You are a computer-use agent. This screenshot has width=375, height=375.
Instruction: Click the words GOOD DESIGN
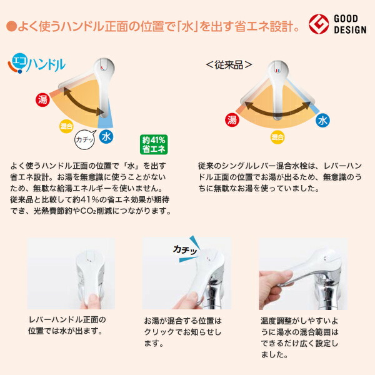coord(351,24)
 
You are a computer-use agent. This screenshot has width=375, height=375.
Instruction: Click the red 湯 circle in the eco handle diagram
coord(42,99)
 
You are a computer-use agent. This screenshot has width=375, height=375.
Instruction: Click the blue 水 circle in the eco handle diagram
coord(107,135)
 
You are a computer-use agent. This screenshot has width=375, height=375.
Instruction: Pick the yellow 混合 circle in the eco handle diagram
coord(66,126)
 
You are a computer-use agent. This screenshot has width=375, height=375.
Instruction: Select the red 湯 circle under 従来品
coord(232,119)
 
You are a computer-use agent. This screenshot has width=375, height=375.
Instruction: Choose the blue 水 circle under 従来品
coord(322,119)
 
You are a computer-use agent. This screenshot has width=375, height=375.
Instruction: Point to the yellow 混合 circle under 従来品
coord(277,136)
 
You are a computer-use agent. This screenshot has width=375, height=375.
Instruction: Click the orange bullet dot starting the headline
coord(10,26)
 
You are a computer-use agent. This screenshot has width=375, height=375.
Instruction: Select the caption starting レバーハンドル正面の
coord(67,325)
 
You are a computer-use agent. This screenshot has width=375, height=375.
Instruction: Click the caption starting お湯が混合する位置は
coord(182,331)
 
